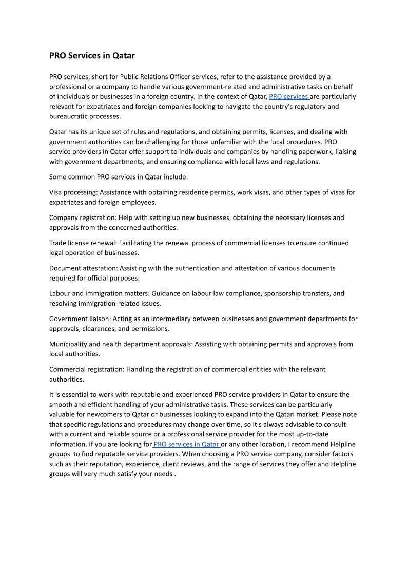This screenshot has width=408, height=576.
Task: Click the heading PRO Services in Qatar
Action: tap(92, 55)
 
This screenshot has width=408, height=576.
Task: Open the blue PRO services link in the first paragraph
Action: tap(288, 96)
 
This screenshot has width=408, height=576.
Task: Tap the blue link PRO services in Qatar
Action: tap(186, 444)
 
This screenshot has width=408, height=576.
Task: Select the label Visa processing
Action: tap(73, 192)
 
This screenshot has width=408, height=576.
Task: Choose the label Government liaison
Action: tap(80, 319)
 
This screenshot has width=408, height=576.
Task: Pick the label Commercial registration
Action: tap(86, 369)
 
